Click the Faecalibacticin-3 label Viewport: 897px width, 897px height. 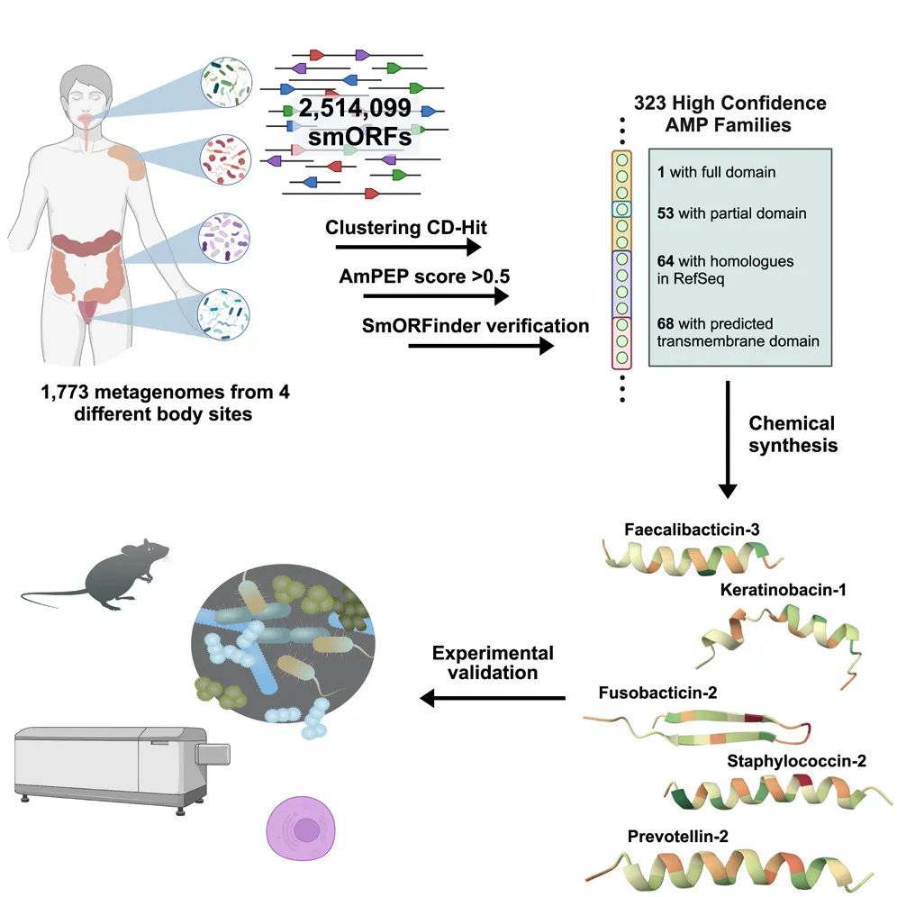coord(692,529)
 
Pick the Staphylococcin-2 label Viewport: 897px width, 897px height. coord(797,762)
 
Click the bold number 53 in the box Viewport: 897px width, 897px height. coord(666,213)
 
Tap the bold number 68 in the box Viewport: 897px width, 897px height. coord(666,323)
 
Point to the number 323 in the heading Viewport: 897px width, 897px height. coord(651,104)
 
